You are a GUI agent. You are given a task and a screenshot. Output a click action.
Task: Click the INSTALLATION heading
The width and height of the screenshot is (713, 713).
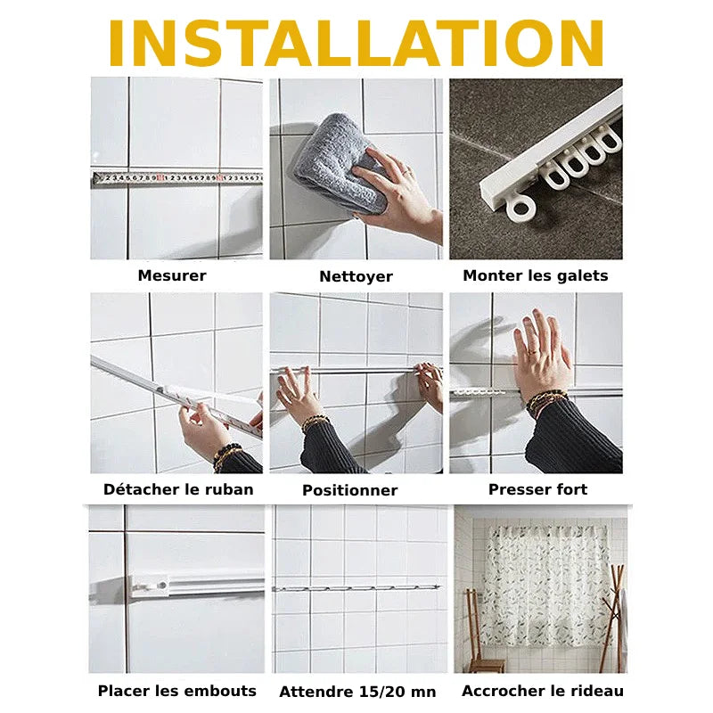pyautogui.click(x=356, y=43)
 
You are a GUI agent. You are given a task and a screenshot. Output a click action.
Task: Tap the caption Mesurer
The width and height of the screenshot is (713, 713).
pyautogui.click(x=172, y=275)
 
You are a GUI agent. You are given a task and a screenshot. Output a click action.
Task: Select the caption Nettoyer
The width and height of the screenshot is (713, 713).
pyautogui.click(x=356, y=276)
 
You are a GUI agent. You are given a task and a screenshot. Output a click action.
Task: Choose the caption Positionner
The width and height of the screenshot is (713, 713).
pyautogui.click(x=349, y=490)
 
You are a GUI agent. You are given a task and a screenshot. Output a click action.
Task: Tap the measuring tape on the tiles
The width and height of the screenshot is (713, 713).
pyautogui.click(x=177, y=178)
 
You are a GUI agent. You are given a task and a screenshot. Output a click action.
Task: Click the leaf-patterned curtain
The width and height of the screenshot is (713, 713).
pyautogui.click(x=545, y=586)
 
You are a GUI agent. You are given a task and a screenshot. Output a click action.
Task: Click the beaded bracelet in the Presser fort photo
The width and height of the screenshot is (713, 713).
pyautogui.click(x=546, y=399)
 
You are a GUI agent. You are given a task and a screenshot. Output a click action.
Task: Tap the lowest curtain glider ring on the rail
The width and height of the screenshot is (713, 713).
pyautogui.click(x=520, y=209)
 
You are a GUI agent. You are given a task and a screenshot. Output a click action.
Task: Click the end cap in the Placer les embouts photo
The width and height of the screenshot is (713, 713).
pyautogui.click(x=149, y=586)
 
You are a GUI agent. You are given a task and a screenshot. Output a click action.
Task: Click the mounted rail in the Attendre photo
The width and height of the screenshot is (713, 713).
pyautogui.click(x=356, y=588)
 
